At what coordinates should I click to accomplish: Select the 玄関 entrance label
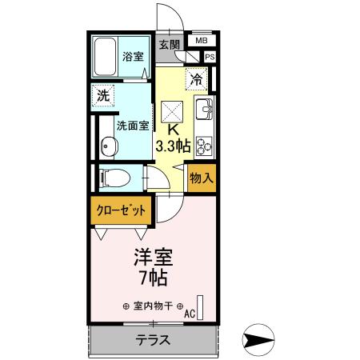[x=168, y=44]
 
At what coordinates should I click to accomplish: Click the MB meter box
[x=200, y=40]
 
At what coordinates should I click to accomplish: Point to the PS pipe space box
[x=210, y=57]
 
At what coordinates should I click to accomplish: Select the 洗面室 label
[x=132, y=126]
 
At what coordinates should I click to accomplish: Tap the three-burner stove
[x=204, y=144]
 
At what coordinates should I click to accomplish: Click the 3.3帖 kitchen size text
[x=174, y=146]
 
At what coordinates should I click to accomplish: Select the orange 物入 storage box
[x=201, y=178]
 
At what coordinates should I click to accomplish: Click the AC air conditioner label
[x=189, y=314]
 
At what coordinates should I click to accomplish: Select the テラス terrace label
[x=152, y=339]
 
